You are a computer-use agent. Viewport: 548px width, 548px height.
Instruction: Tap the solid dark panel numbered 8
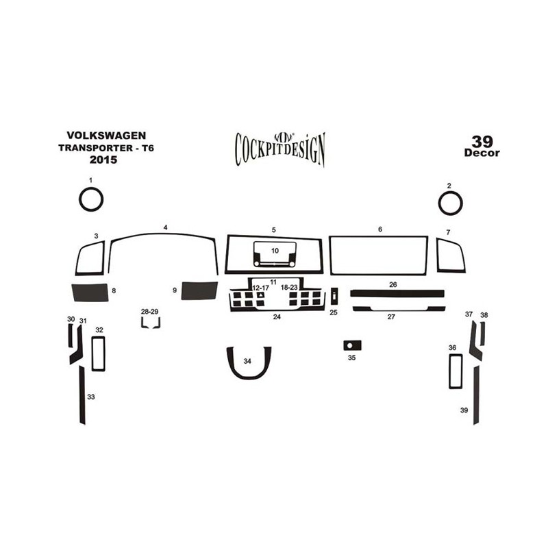point(90,292)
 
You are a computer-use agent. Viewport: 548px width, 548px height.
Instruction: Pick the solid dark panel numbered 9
point(199,290)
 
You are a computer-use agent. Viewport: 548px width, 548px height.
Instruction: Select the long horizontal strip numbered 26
point(397,293)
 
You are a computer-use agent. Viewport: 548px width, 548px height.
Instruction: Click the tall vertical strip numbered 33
point(82,395)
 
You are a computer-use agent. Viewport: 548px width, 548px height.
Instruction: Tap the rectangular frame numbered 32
point(92,353)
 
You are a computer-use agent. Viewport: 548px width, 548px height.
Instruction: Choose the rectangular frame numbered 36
point(450,371)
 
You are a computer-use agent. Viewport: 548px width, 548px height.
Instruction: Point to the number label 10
point(275,251)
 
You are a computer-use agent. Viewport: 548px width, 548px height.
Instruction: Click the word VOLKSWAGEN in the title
point(106,135)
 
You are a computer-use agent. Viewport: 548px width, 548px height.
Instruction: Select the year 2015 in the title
point(103,160)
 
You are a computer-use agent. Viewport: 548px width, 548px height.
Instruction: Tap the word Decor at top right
point(482,153)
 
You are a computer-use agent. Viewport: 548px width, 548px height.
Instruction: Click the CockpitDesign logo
point(280,149)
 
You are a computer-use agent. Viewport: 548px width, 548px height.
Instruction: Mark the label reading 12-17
point(261,288)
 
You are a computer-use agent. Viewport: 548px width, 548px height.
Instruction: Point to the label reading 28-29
point(149,312)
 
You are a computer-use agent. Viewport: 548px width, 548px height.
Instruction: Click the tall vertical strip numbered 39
point(476,395)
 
